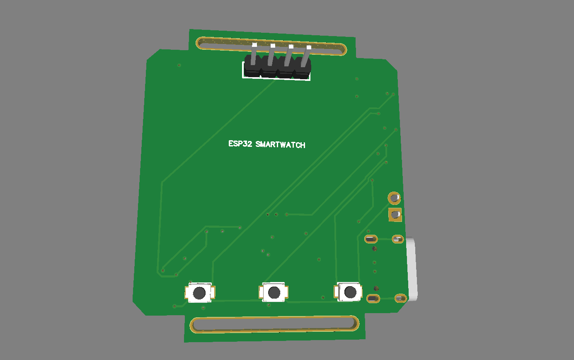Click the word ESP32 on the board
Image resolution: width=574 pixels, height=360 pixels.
pos(240,144)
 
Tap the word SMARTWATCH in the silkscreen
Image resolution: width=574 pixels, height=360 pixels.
pos(281,145)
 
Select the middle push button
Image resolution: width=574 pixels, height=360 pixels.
pos(274,293)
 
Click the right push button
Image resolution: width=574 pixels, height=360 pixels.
pos(349,292)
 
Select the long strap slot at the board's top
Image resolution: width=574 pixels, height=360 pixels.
pos(271,46)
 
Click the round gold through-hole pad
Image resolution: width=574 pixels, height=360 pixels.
pos(394,198)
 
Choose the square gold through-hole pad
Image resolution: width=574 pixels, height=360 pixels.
pos(395,215)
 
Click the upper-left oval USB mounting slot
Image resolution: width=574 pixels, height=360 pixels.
pos(371,239)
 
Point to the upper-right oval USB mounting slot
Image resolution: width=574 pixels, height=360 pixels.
pos(397,239)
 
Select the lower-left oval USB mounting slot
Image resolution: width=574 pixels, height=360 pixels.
pos(373,298)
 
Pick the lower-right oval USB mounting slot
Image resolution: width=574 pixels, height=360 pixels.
pos(400,298)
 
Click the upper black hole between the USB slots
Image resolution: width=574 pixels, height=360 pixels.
pos(375,249)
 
